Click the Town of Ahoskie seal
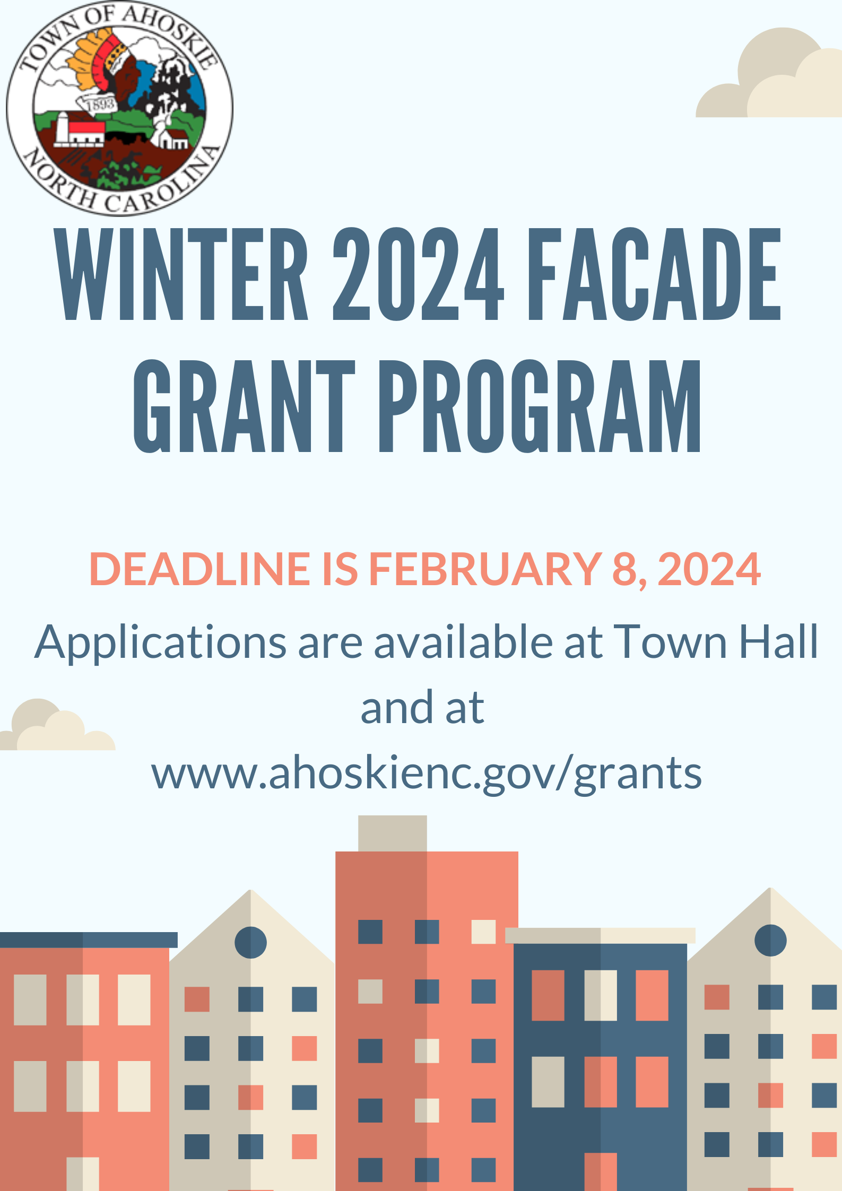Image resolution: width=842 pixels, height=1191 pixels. [x=119, y=108]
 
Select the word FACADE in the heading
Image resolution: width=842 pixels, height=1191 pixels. [x=654, y=274]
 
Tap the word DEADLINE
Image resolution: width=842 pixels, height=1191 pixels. [x=199, y=569]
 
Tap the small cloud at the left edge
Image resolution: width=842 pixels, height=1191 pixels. [x=57, y=725]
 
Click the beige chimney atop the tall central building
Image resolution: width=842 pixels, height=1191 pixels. [x=393, y=833]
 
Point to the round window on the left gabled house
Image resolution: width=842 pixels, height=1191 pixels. [x=250, y=943]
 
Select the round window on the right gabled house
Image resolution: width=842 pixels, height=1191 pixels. [x=770, y=941]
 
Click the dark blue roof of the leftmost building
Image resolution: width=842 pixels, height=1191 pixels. [x=89, y=940]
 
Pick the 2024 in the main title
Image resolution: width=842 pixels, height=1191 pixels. [x=418, y=274]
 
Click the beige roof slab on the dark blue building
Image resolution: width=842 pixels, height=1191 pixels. [x=600, y=936]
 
